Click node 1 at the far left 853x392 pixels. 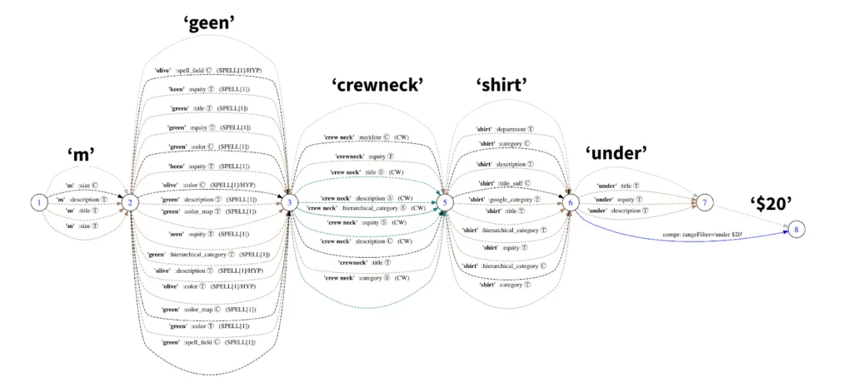click(37, 201)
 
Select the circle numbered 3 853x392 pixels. click(289, 201)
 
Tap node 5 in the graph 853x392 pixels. click(446, 201)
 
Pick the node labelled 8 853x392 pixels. click(796, 229)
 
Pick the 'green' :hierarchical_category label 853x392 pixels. click(209, 254)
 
